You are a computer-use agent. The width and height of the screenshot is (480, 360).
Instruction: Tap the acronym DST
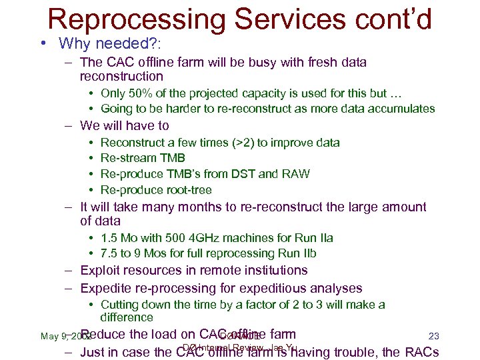tap(244, 174)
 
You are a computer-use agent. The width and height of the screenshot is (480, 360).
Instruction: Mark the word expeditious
tap(272, 288)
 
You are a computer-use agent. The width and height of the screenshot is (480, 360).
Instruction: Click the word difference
tap(127, 317)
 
